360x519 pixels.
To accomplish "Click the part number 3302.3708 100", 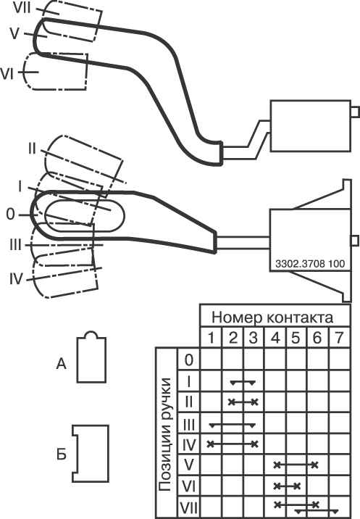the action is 310,264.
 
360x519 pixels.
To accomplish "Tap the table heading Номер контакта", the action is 272,317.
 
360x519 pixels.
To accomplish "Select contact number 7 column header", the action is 339,338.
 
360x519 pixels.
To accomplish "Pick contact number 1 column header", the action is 211,338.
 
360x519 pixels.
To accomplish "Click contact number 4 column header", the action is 275,338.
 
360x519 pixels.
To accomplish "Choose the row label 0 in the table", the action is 188,360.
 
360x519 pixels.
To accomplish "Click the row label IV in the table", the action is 189,445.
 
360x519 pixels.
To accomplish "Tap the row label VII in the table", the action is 188,507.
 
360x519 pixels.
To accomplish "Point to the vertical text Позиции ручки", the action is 164,434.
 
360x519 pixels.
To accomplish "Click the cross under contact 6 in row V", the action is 314,465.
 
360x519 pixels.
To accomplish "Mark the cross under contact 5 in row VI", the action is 297,486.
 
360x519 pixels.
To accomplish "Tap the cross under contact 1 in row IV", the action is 210,444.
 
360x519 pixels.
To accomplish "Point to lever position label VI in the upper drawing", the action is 7,74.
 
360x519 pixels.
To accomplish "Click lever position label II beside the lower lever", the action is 32,149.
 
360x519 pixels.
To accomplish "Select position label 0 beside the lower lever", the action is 11,215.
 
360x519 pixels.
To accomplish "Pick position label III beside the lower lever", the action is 15,245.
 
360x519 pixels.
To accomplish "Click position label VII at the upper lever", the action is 22,8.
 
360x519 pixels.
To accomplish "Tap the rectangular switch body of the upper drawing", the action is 311,126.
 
